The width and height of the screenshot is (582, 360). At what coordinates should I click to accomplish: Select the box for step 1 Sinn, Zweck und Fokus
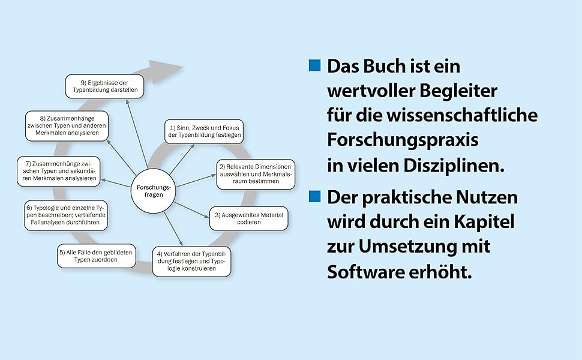pyautogui.click(x=204, y=131)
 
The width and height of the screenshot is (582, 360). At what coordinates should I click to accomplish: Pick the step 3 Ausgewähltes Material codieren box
pyautogui.click(x=248, y=219)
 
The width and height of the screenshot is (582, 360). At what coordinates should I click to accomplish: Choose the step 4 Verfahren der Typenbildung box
pyautogui.click(x=191, y=261)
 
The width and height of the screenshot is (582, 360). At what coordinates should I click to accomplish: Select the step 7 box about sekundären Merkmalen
pyautogui.click(x=58, y=170)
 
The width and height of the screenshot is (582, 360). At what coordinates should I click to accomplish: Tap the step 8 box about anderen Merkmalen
pyautogui.click(x=67, y=125)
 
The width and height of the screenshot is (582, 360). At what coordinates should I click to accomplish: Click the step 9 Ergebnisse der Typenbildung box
pyautogui.click(x=104, y=86)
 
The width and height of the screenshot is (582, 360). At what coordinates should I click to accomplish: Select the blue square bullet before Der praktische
pyautogui.click(x=315, y=196)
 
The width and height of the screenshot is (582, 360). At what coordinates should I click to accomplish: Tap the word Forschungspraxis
pyautogui.click(x=403, y=140)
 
